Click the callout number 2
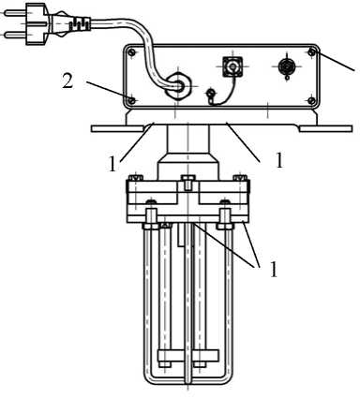(x=67, y=81)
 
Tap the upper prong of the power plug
(x=15, y=13)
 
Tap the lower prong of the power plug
(x=15, y=35)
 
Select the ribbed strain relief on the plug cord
(x=80, y=23)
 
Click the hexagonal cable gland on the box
(x=178, y=85)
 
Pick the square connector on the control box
(x=232, y=66)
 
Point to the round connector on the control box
(x=286, y=66)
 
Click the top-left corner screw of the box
(x=132, y=52)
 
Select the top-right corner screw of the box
(x=311, y=52)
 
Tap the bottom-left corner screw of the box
(x=132, y=100)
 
